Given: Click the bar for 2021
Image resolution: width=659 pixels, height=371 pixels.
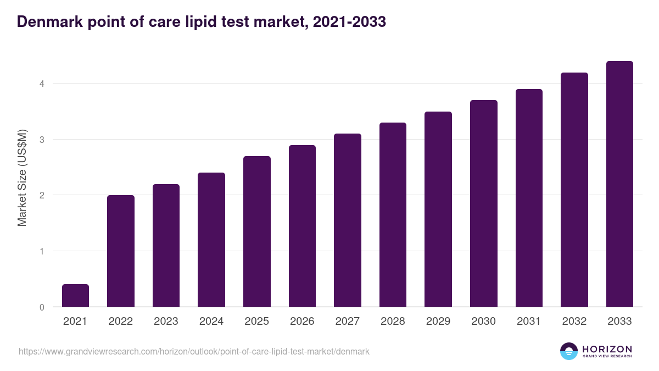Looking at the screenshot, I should tap(75, 296).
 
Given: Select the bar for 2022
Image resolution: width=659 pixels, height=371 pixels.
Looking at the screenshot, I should tap(121, 251).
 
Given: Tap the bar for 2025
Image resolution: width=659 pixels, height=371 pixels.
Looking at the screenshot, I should tap(257, 231).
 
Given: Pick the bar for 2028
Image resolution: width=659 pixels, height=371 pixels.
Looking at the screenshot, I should tap(393, 215).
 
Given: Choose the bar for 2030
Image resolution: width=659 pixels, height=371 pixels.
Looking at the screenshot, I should tap(484, 203).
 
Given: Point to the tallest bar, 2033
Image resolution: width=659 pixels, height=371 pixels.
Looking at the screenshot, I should tap(619, 184).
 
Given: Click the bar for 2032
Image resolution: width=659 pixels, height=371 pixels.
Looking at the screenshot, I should tap(574, 190).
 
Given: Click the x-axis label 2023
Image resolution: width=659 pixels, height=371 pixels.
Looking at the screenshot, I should tap(166, 322).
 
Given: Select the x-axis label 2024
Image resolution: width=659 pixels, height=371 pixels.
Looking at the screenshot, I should tap(211, 322).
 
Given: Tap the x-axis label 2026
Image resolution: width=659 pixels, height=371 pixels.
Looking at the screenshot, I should tap(302, 322).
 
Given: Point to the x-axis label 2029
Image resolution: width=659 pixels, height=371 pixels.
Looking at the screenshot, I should tap(438, 322).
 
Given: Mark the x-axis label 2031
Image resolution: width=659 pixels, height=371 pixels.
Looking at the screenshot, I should tap(529, 322).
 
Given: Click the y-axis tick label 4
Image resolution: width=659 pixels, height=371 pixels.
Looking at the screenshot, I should tap(41, 84).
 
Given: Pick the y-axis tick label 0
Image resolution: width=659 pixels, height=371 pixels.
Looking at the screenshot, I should tap(41, 307).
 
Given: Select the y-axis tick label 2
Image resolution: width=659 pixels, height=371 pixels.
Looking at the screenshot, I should tap(41, 195).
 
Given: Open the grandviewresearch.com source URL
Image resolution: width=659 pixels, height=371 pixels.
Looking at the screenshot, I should tap(194, 351).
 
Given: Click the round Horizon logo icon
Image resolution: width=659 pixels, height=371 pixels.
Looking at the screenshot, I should tap(569, 351).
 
